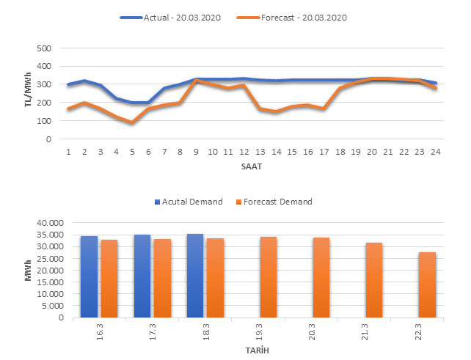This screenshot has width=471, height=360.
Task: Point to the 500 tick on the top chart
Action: click(45, 48)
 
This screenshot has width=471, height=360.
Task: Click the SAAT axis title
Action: click(251, 167)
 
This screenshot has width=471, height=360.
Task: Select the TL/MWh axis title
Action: click(28, 94)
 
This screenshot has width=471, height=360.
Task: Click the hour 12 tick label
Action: click(244, 152)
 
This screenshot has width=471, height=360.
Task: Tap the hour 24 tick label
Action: click(436, 152)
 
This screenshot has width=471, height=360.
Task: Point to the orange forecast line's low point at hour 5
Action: click(132, 122)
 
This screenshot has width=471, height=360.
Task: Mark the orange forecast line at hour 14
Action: click(276, 111)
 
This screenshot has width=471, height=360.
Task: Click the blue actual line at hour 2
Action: click(84, 81)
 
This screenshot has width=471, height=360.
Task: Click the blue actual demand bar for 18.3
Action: click(195, 276)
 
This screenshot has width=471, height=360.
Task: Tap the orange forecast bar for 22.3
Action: click(428, 285)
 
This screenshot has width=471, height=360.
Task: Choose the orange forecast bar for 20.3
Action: click(321, 278)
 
